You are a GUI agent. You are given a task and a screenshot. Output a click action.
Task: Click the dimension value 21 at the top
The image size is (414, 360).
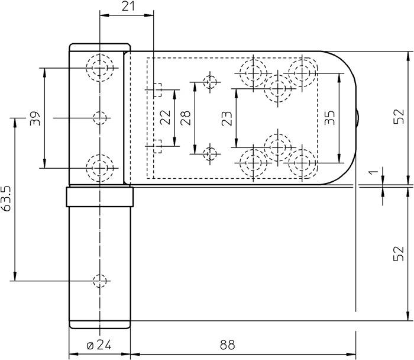tap(127, 7)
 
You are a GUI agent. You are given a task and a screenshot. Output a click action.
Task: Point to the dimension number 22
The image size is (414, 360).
tap(166, 117)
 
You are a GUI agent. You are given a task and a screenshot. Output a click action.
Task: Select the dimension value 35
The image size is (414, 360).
tap(330, 118)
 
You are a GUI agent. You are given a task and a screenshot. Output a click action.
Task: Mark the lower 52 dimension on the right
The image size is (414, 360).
tap(398, 253)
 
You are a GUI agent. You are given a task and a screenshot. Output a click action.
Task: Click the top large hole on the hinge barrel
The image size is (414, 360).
tap(100, 67)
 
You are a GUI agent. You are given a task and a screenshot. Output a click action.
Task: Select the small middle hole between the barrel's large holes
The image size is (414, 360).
tap(100, 118)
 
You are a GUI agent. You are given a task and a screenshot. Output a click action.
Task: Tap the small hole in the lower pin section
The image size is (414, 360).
tap(100, 279)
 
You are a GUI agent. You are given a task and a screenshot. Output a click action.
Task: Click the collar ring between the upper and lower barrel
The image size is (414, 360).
tap(99, 195)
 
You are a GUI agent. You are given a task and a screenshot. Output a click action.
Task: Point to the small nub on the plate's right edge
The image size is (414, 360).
tap(358, 118)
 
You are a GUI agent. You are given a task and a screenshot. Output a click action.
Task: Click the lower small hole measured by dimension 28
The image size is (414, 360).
tap(210, 153)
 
